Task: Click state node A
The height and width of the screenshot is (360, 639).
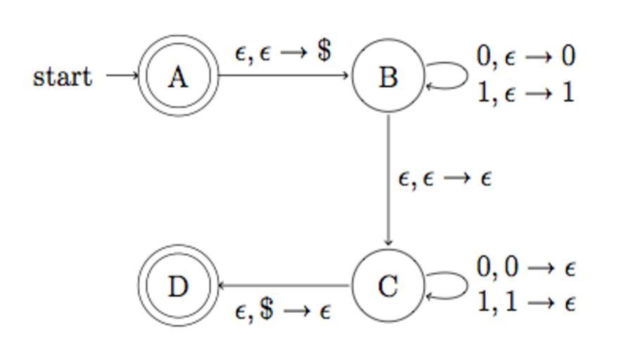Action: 178,76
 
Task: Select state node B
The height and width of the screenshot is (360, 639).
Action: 388,76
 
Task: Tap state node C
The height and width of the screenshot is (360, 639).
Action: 388,285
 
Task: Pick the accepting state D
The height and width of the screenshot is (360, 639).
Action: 178,285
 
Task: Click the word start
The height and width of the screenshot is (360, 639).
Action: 62,76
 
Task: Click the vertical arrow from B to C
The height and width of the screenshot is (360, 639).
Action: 388,179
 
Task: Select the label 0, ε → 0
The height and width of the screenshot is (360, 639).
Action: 526,56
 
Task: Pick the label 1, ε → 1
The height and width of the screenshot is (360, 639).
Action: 526,92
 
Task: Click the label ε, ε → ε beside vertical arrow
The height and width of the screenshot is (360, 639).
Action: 444,179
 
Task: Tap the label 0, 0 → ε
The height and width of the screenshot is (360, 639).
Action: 526,267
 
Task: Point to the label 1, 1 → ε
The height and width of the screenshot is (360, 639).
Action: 526,302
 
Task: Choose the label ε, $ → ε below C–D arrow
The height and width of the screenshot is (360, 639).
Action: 283,310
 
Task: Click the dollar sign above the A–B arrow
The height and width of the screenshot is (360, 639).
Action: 323,51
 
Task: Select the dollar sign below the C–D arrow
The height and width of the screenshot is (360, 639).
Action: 266,309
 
